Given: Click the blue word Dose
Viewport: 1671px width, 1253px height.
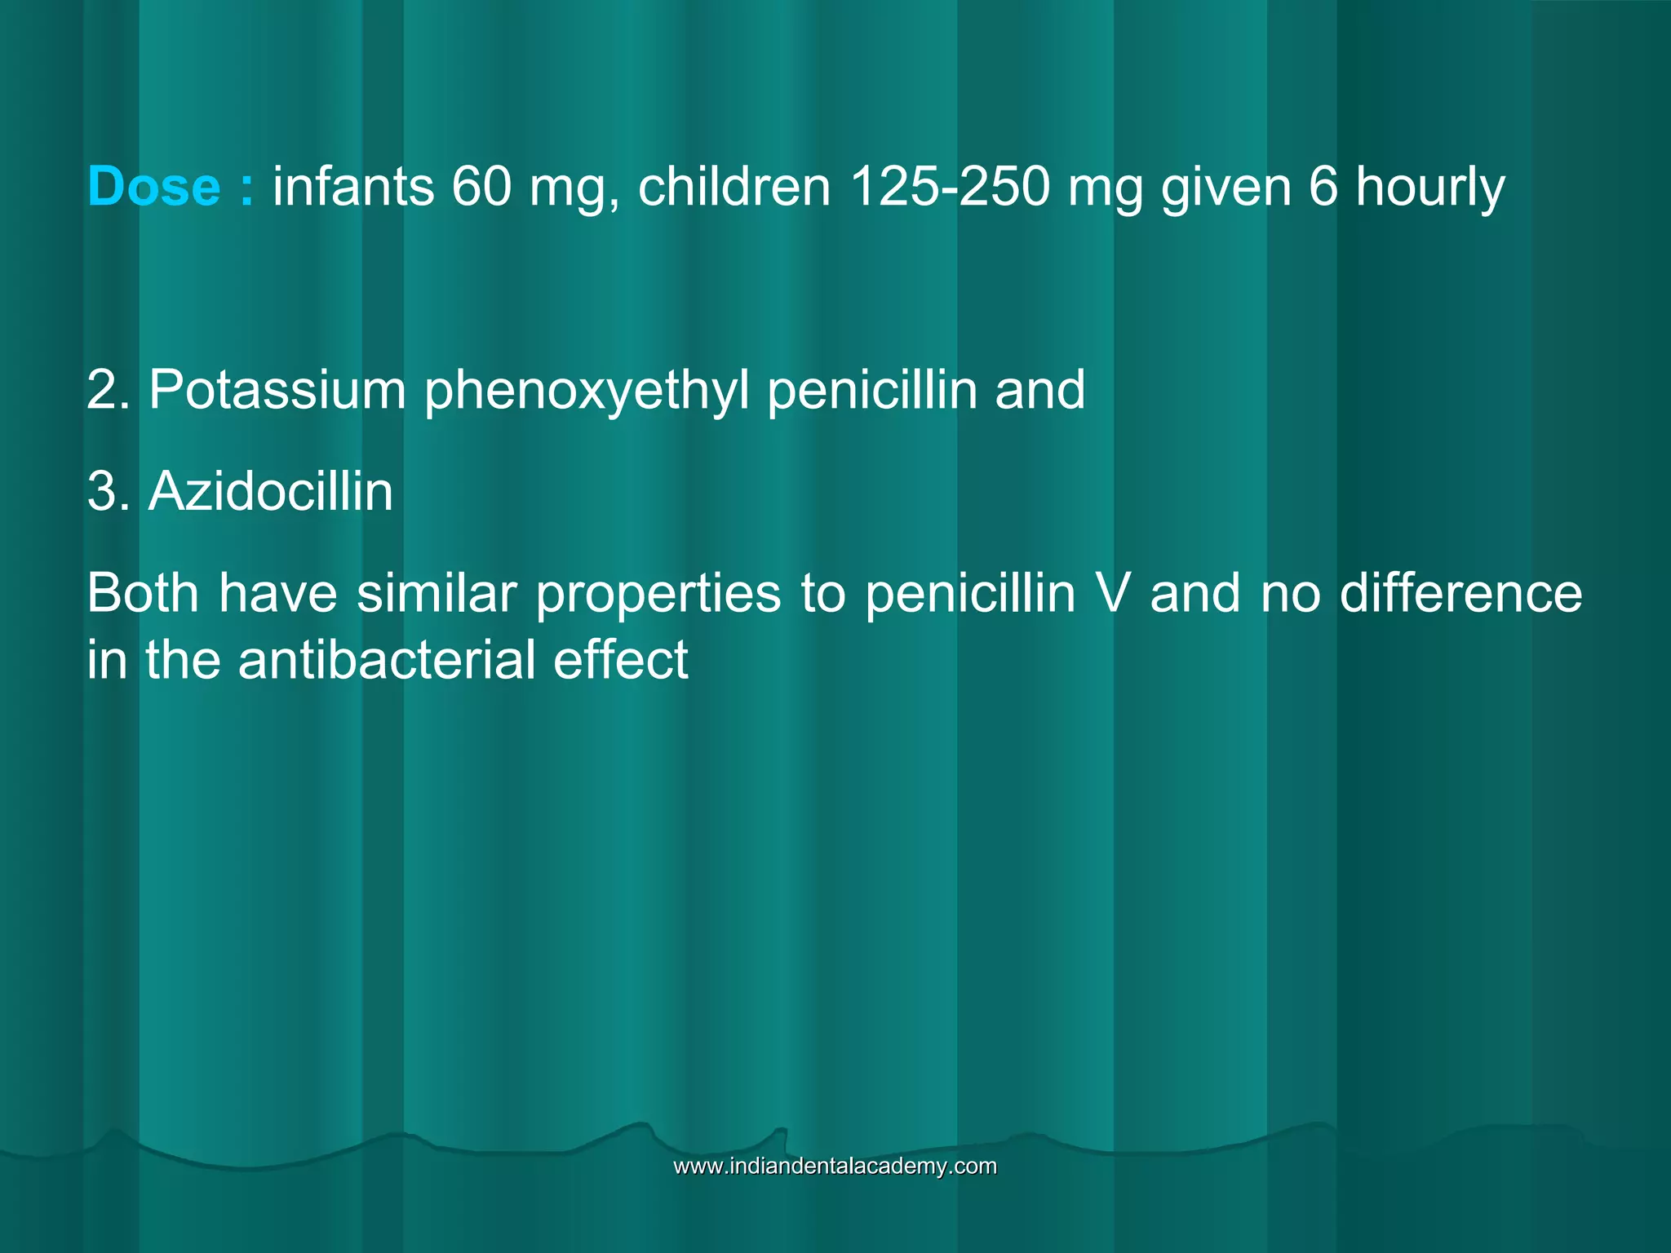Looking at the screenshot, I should coord(153,187).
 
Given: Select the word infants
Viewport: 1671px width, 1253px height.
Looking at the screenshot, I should coord(353,187).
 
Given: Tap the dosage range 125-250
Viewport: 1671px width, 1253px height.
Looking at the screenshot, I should coord(949,187).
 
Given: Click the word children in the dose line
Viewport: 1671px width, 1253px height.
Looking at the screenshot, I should coord(734,187).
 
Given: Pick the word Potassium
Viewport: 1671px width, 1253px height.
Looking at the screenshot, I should coord(277,390).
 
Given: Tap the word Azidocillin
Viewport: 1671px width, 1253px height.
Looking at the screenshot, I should coord(270,492).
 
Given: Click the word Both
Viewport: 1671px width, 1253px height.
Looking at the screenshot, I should coord(143,593).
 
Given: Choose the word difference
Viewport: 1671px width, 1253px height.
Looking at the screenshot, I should coord(1460,593).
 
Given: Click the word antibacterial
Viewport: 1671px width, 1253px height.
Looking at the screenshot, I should coord(386,660).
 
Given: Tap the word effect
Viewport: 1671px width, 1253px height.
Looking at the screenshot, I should coord(621,660).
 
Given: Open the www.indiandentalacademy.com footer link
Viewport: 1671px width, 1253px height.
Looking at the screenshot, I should coord(835,1166).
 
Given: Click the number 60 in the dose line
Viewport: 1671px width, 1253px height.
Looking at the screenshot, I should coord(481,187).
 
